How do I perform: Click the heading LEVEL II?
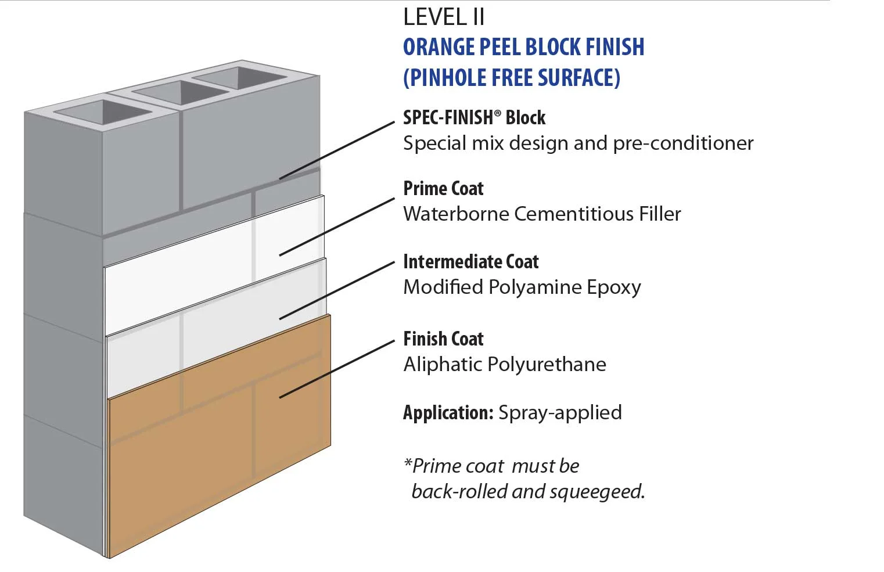click(444, 17)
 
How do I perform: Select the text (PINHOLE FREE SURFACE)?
click(512, 78)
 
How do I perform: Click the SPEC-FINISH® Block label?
click(474, 118)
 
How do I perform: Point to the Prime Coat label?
click(443, 189)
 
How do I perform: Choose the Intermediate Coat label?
click(471, 262)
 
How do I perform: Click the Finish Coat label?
click(443, 339)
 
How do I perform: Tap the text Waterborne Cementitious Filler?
click(542, 214)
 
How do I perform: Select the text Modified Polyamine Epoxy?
click(522, 287)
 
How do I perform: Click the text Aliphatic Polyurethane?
click(505, 365)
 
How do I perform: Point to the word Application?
click(448, 413)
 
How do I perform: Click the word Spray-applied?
click(560, 413)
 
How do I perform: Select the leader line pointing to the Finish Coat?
click(337, 369)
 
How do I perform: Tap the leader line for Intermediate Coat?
click(337, 290)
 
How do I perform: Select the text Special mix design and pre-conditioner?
click(578, 143)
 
